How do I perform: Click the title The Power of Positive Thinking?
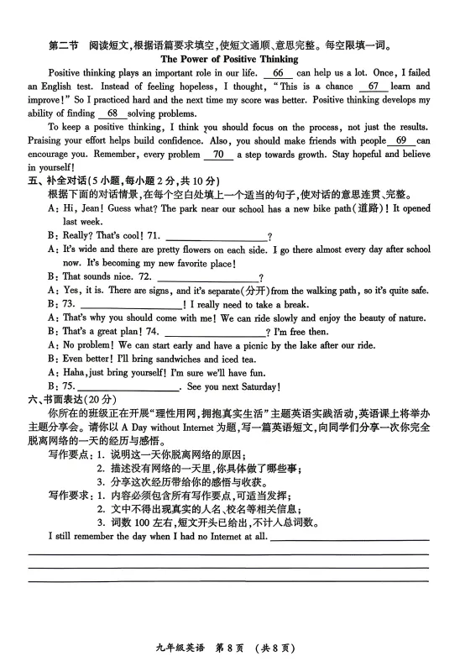[229, 60]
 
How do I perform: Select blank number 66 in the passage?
[279, 73]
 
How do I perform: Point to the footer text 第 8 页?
[231, 647]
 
